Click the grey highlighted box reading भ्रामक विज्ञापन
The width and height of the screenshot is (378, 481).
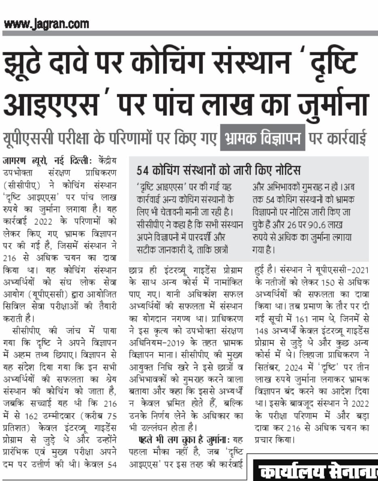pos(263,138)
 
